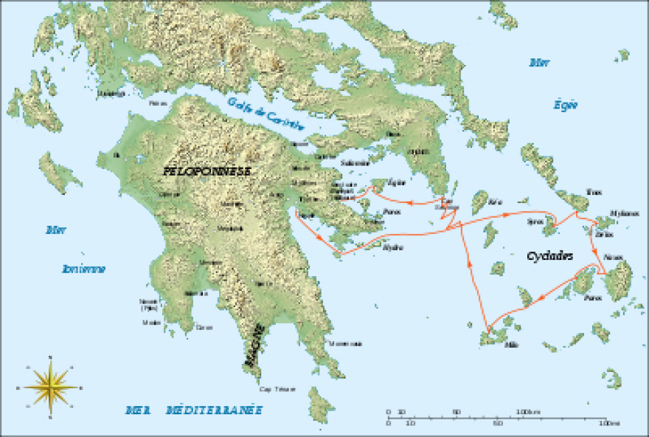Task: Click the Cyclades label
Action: (x=550, y=256)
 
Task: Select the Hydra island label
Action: (x=393, y=247)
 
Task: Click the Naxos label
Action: (x=613, y=257)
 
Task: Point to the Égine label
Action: (x=397, y=182)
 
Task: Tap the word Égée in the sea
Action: (x=566, y=105)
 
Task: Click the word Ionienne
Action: (x=83, y=269)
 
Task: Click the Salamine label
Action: (x=356, y=162)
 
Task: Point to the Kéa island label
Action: (x=496, y=201)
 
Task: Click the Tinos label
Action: (x=594, y=192)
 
